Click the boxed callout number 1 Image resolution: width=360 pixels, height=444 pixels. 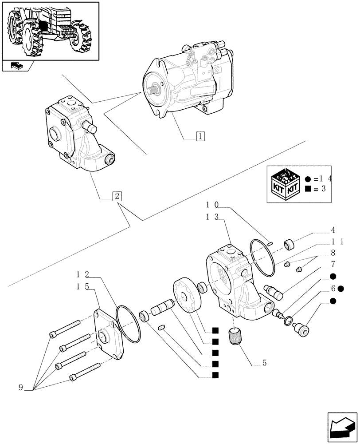(x=200, y=136)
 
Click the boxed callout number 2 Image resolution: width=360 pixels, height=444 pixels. (x=117, y=196)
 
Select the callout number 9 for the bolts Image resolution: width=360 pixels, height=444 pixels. (x=20, y=388)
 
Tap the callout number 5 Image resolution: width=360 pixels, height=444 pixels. (x=264, y=363)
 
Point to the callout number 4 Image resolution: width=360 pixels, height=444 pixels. (x=333, y=230)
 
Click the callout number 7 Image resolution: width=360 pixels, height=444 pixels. (x=333, y=264)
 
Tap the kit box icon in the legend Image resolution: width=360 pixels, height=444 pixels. (x=285, y=184)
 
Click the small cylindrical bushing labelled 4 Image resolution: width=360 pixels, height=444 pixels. (x=290, y=244)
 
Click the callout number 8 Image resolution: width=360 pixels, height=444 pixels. (x=333, y=254)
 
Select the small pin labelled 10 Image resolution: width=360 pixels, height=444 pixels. (x=270, y=242)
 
